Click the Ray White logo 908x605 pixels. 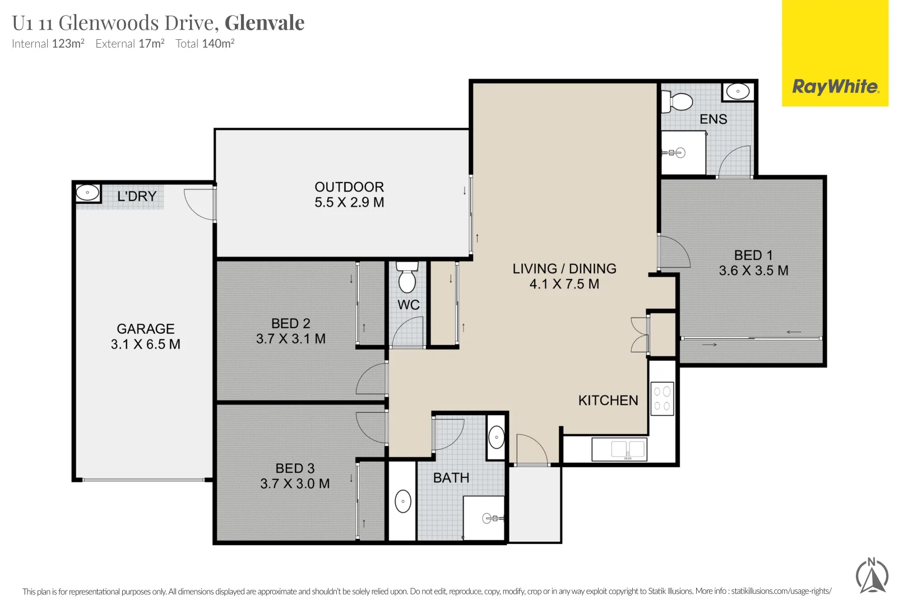(x=835, y=87)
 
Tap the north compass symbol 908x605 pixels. (x=872, y=576)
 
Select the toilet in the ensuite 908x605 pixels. (x=678, y=102)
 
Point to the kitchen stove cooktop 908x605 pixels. (x=662, y=398)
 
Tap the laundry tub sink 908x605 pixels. (x=87, y=193)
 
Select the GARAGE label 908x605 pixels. (x=146, y=329)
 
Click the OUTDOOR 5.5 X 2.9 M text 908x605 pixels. (x=349, y=194)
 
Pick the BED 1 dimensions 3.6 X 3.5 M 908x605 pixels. (x=753, y=271)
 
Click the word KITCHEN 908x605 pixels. (x=608, y=401)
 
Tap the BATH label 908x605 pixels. (x=451, y=478)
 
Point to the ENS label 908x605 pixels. (x=713, y=119)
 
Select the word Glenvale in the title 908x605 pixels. (x=265, y=23)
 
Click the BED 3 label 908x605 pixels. (x=295, y=468)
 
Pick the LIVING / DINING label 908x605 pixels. (x=564, y=269)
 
